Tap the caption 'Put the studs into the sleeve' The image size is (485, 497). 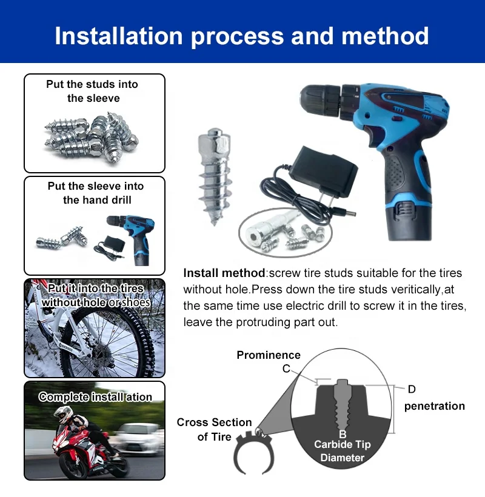tap(93, 91)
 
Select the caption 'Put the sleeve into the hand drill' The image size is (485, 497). tap(96, 193)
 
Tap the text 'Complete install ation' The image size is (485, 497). tap(95, 397)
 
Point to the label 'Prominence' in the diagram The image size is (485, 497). tap(269, 355)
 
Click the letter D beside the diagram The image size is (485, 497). tap(412, 389)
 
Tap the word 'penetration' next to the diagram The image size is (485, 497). tap(434, 406)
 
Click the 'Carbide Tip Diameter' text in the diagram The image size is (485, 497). tap(343, 451)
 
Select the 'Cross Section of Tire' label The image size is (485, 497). tap(214, 429)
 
